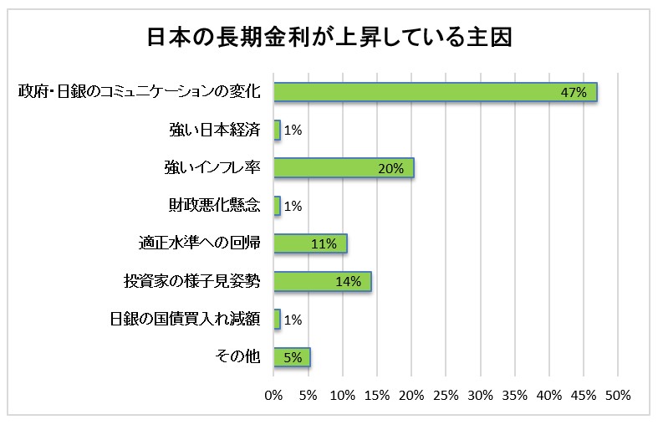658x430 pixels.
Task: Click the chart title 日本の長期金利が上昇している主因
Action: coord(329,38)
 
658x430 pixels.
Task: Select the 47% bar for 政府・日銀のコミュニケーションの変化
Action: coord(435,92)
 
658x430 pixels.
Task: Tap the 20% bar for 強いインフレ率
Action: coord(344,168)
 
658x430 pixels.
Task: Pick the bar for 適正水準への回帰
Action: coord(309,243)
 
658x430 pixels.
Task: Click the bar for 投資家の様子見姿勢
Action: coord(322,281)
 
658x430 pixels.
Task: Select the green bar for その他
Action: coord(292,357)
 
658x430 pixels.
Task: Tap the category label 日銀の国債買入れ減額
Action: coord(186,320)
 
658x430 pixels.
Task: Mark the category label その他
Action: coord(238,357)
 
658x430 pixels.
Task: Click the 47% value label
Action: coord(574,93)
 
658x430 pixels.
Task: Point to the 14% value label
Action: coord(348,282)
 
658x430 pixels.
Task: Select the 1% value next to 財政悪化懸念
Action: coord(293,207)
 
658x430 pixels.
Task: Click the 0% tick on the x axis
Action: coord(273,394)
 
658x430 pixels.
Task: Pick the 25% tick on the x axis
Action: coord(446,394)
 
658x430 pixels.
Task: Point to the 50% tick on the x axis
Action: coord(618,394)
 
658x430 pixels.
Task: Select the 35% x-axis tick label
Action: coord(514,394)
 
